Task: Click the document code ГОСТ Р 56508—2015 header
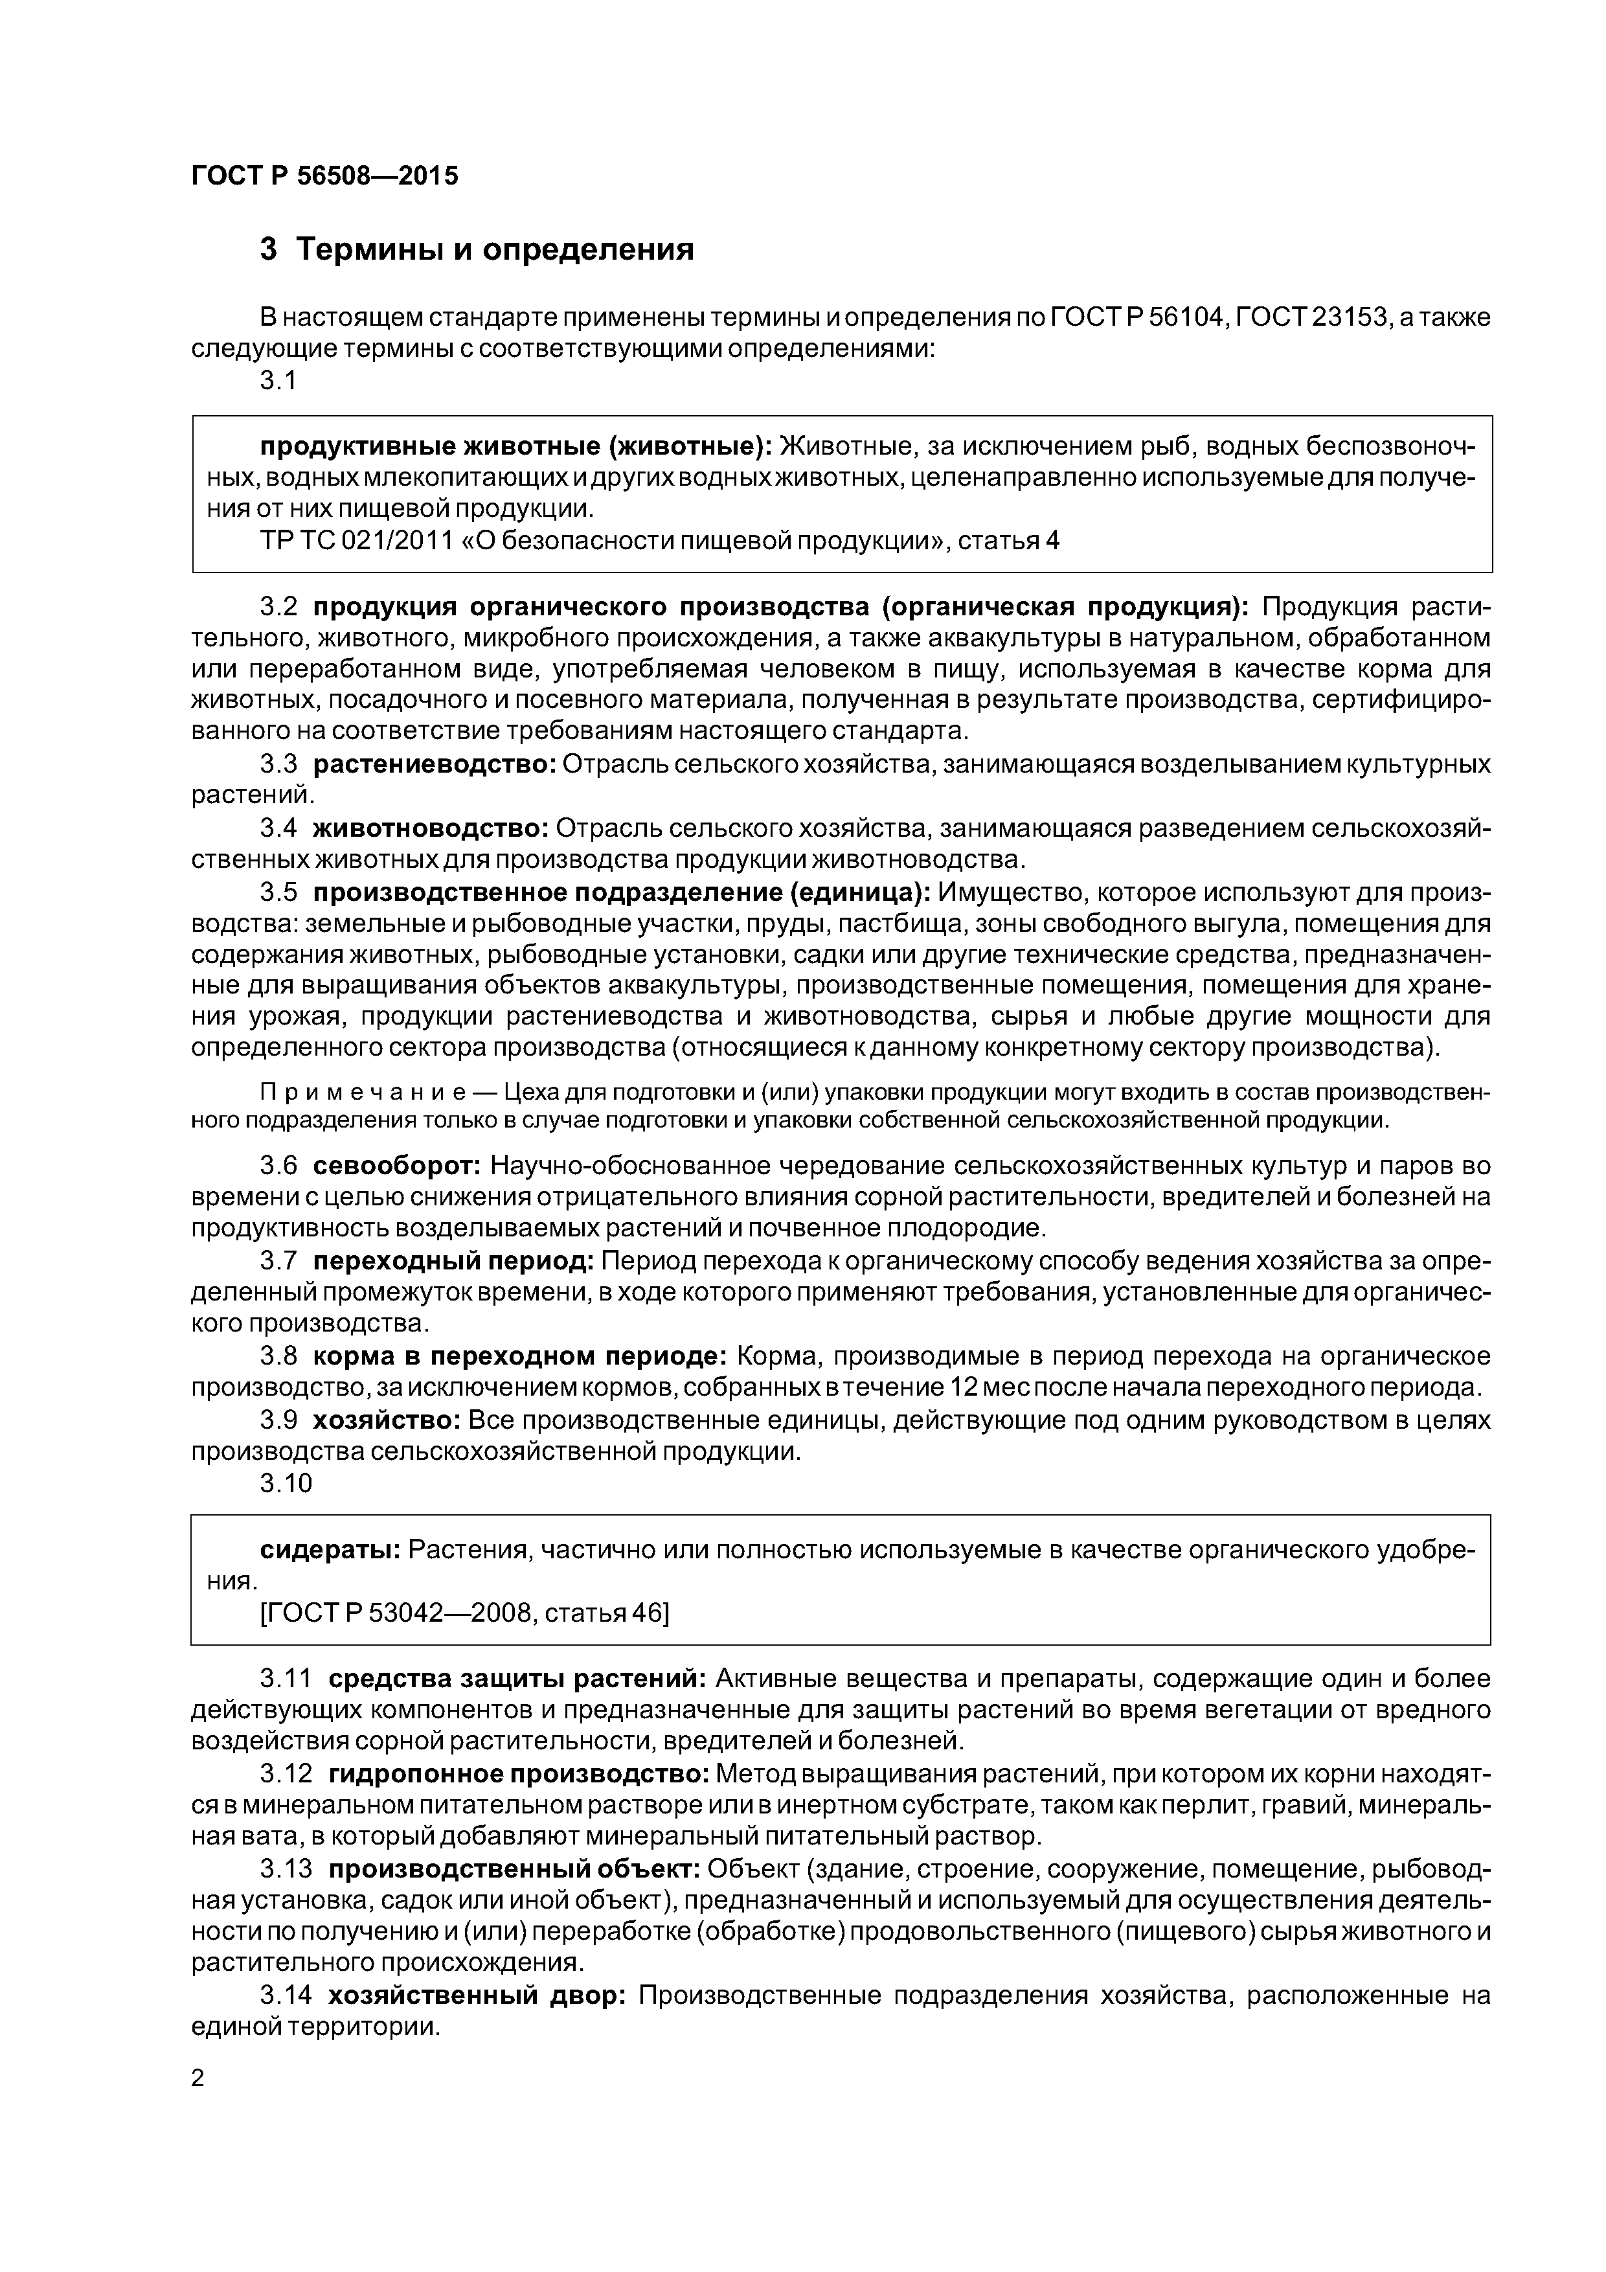tap(324, 176)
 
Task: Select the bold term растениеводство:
tap(435, 764)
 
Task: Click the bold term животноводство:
tap(431, 828)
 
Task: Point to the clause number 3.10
tap(286, 1483)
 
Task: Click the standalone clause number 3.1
tap(278, 381)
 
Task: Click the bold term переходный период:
tap(452, 1261)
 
